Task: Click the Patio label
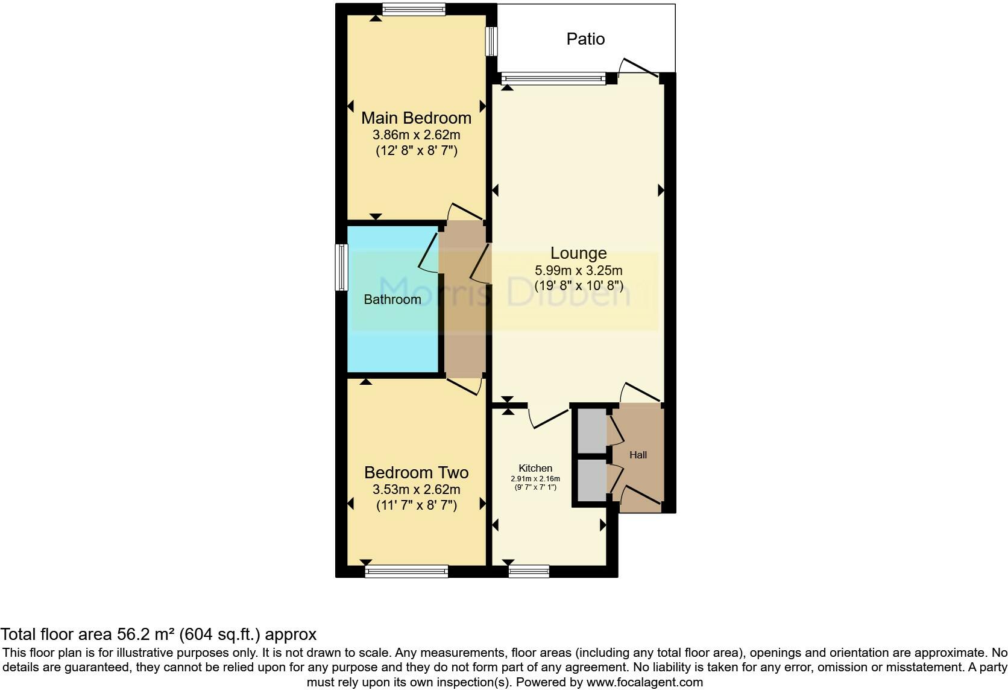coord(585,39)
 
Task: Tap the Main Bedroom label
coord(416,118)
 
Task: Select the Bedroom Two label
coord(416,472)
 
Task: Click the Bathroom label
coord(392,300)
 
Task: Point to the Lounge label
coord(579,253)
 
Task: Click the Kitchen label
coord(535,468)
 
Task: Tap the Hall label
coord(638,455)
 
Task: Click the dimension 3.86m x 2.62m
coord(416,135)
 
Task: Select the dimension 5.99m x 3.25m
coord(579,271)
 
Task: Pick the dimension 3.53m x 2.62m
coord(416,489)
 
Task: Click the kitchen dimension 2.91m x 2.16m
coord(535,479)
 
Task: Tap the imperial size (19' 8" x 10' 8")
coord(579,286)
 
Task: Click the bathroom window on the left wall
coord(342,267)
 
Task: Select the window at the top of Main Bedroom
coord(414,8)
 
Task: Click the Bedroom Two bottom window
coord(406,571)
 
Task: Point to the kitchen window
coord(529,571)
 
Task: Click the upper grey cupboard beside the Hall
coord(591,430)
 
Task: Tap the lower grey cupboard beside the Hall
coord(591,480)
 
